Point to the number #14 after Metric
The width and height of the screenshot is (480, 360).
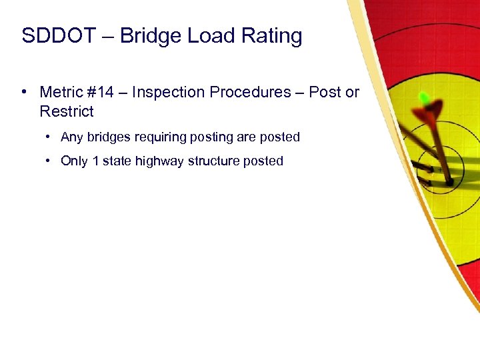(107, 92)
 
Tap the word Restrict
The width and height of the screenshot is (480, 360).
(67, 111)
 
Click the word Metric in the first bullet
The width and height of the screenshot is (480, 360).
(63, 92)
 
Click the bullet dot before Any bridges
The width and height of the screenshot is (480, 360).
(49, 137)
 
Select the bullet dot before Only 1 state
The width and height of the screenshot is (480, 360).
(49, 161)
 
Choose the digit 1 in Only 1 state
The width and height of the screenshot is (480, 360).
(96, 161)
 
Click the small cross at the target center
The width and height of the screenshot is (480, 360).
(441, 169)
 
